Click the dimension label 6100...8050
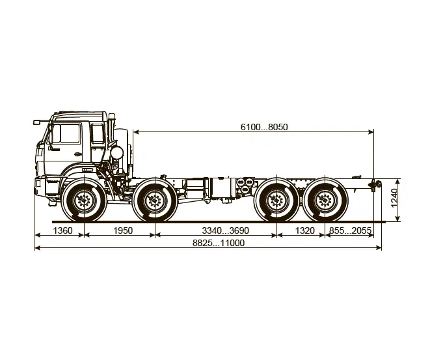(264, 127)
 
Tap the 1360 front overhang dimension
(63, 230)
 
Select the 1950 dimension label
(123, 230)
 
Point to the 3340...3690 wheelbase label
(226, 230)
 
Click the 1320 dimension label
(305, 230)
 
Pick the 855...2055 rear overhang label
(350, 230)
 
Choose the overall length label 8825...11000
(219, 243)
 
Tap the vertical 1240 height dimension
(394, 198)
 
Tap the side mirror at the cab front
(36, 122)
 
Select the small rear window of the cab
(98, 133)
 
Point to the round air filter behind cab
(117, 152)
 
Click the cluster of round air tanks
(245, 186)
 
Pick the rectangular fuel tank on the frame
(222, 188)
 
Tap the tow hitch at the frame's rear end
(375, 184)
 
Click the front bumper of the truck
(40, 187)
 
